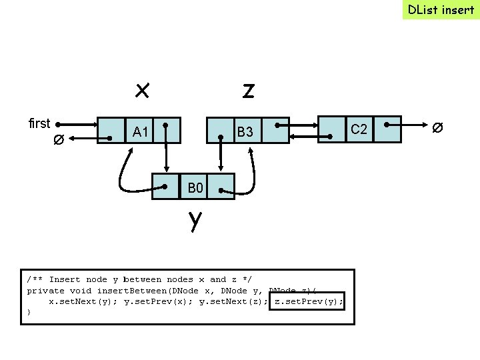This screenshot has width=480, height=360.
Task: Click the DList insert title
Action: [x=441, y=9]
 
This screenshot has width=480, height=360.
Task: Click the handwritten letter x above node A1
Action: [x=141, y=89]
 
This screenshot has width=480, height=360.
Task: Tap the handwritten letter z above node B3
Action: [x=248, y=90]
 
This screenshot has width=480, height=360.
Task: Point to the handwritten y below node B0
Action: [x=194, y=219]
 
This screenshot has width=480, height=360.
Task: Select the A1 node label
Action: [x=140, y=132]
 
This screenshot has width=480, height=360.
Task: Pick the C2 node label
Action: [x=359, y=129]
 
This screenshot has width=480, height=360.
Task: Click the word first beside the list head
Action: [x=39, y=123]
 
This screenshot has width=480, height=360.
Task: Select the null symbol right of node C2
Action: [x=437, y=127]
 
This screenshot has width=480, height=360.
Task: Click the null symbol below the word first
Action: [x=59, y=140]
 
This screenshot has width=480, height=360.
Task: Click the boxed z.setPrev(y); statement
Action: [x=309, y=301]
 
